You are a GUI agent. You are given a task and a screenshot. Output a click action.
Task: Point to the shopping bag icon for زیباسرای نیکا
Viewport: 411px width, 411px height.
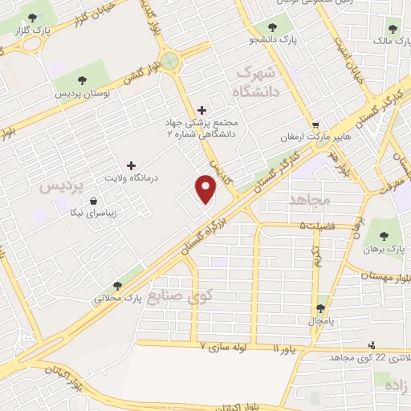(95, 201)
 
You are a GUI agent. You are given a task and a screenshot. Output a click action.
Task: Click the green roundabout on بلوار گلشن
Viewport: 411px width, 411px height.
(170, 62)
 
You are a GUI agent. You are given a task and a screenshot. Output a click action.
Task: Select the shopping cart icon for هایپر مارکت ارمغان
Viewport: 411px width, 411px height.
(317, 125)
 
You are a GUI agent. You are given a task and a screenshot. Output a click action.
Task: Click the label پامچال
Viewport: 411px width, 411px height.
(321, 320)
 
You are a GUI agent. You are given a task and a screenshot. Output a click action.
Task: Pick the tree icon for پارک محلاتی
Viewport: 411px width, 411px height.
(117, 285)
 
